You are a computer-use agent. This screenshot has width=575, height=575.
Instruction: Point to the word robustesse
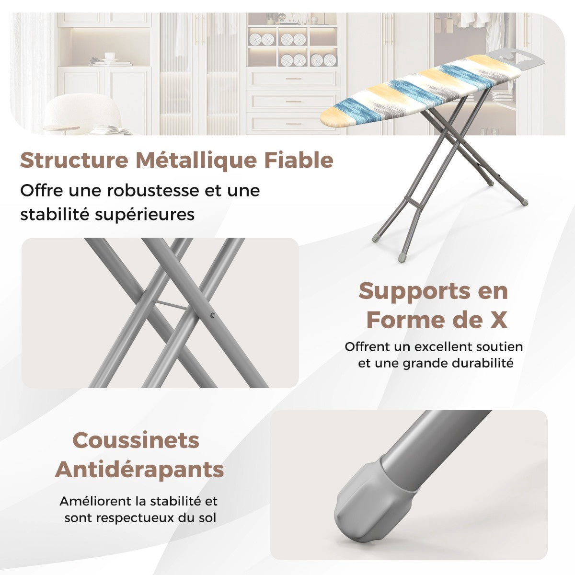tap(153, 191)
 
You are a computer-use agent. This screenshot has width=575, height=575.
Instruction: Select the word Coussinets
tap(136, 440)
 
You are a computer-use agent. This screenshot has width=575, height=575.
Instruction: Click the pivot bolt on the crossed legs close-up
tap(212, 315)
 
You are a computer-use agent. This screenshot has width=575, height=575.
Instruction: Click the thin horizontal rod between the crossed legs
tap(171, 305)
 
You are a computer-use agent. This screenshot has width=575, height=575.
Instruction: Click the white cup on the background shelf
tap(110, 57)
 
